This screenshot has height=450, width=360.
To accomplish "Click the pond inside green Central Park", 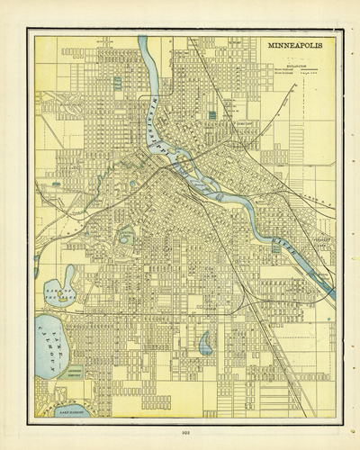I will click(x=126, y=238).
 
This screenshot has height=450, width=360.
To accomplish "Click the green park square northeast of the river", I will click(x=212, y=115).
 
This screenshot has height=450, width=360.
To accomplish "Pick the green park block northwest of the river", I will click(x=118, y=82).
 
